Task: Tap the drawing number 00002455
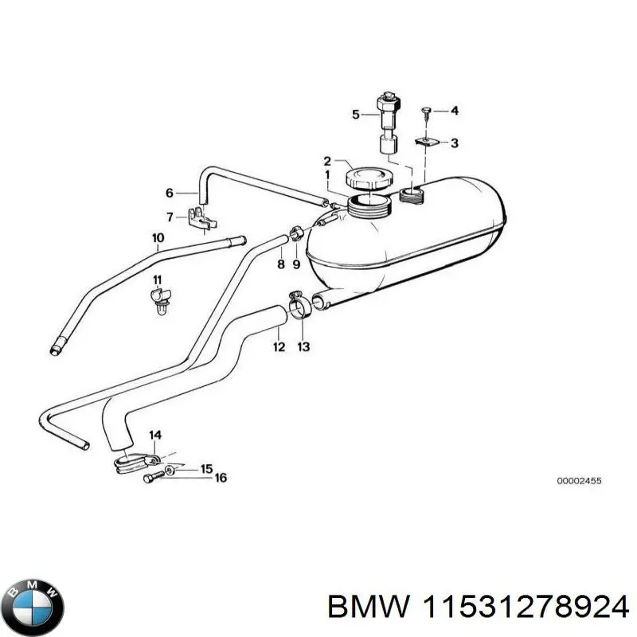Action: [578, 480]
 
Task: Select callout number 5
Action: [356, 114]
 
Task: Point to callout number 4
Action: [454, 111]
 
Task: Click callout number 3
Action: [454, 143]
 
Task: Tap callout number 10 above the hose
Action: [158, 237]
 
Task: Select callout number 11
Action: [158, 279]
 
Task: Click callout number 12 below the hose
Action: [278, 346]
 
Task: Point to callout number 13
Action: [303, 346]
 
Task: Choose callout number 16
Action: [221, 478]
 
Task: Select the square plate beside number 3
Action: [426, 143]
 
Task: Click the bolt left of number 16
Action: [152, 477]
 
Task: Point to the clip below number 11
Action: [158, 299]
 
